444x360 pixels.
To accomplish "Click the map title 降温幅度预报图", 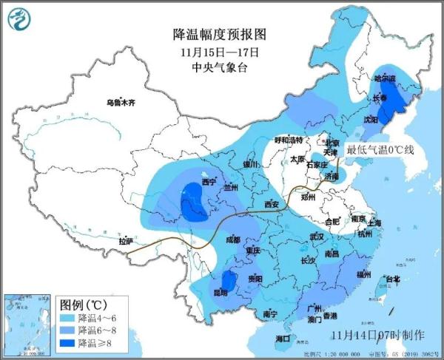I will click(218, 34).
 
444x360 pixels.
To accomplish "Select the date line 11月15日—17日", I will click(219, 52).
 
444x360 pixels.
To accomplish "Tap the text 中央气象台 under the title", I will click(219, 67).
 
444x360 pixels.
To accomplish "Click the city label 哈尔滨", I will click(384, 78).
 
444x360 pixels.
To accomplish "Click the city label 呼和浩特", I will click(289, 140).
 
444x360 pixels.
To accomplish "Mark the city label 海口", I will click(283, 338).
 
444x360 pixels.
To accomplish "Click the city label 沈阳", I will click(370, 118).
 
